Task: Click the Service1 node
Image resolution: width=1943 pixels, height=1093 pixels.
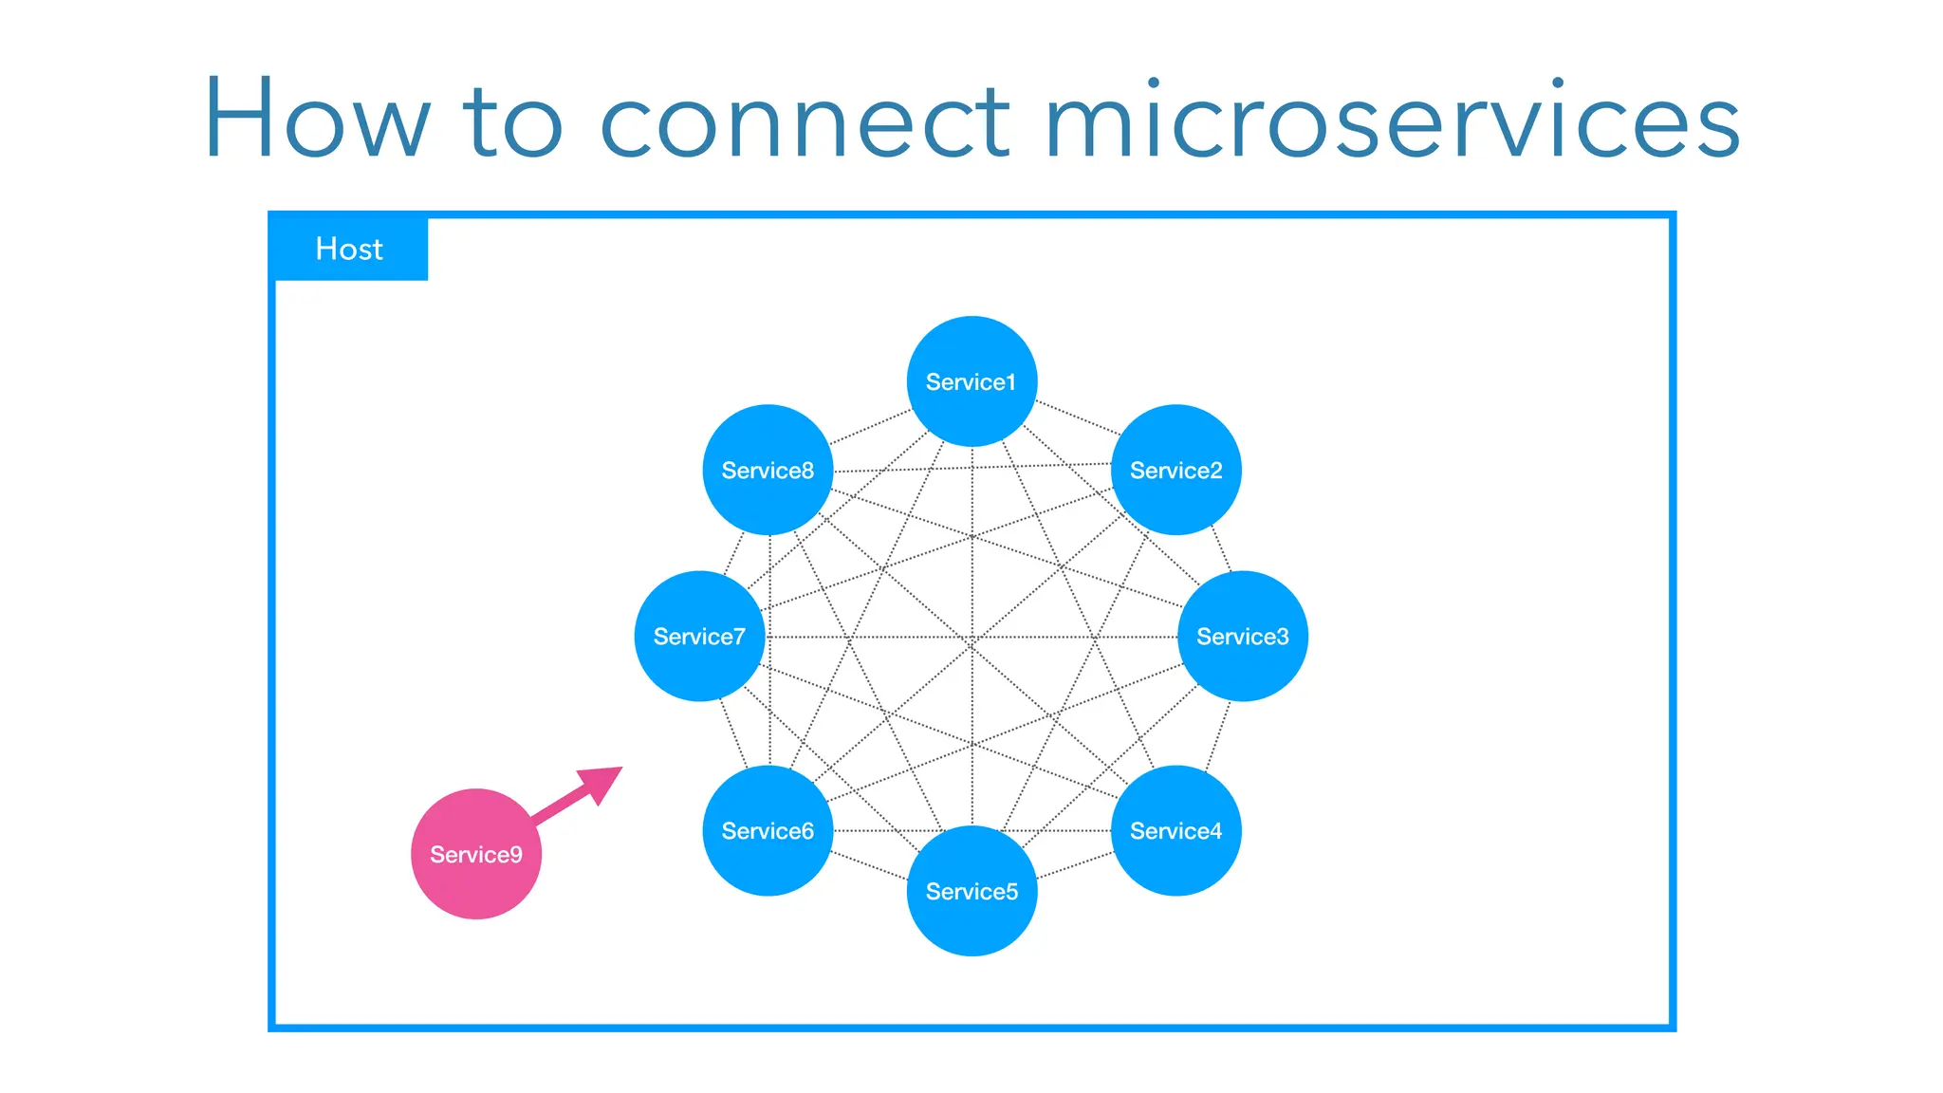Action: point(971,381)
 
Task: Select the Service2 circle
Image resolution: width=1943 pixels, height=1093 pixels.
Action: point(1175,470)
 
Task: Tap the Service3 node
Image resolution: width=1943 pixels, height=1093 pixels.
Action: point(1242,636)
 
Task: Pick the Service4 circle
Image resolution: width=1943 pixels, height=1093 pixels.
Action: point(1175,830)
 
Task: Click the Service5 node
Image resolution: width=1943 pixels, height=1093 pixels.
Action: point(971,891)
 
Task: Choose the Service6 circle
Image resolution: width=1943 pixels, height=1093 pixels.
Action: point(768,830)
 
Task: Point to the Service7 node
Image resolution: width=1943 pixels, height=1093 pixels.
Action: point(699,636)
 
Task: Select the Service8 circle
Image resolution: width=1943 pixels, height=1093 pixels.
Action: point(768,470)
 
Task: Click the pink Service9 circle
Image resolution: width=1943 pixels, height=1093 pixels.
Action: point(475,854)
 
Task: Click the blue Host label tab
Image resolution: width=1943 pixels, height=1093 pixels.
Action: point(349,249)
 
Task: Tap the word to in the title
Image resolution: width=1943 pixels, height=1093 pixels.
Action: point(512,123)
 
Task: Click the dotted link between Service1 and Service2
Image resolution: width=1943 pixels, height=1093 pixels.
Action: point(1077,418)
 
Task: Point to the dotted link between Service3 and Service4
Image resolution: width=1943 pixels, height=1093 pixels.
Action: point(1218,735)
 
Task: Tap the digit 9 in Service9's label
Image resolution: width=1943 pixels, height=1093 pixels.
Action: point(515,855)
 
